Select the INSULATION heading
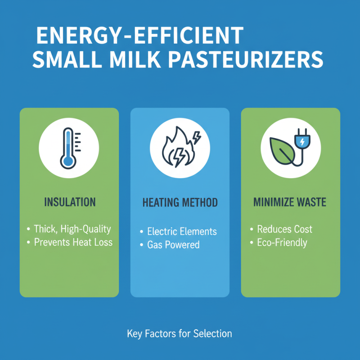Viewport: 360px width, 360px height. coord(70,202)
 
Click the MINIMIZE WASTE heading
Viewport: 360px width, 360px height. coord(290,202)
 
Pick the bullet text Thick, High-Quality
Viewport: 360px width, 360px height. coord(72,229)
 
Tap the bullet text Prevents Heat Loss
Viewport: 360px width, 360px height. coord(73,242)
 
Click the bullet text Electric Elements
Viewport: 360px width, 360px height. coord(182,232)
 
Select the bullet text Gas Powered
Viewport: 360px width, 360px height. coord(173,245)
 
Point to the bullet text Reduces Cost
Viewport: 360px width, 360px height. coord(284,229)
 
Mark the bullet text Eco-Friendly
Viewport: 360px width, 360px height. coord(282,243)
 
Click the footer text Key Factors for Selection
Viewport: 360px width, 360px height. coord(180,334)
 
